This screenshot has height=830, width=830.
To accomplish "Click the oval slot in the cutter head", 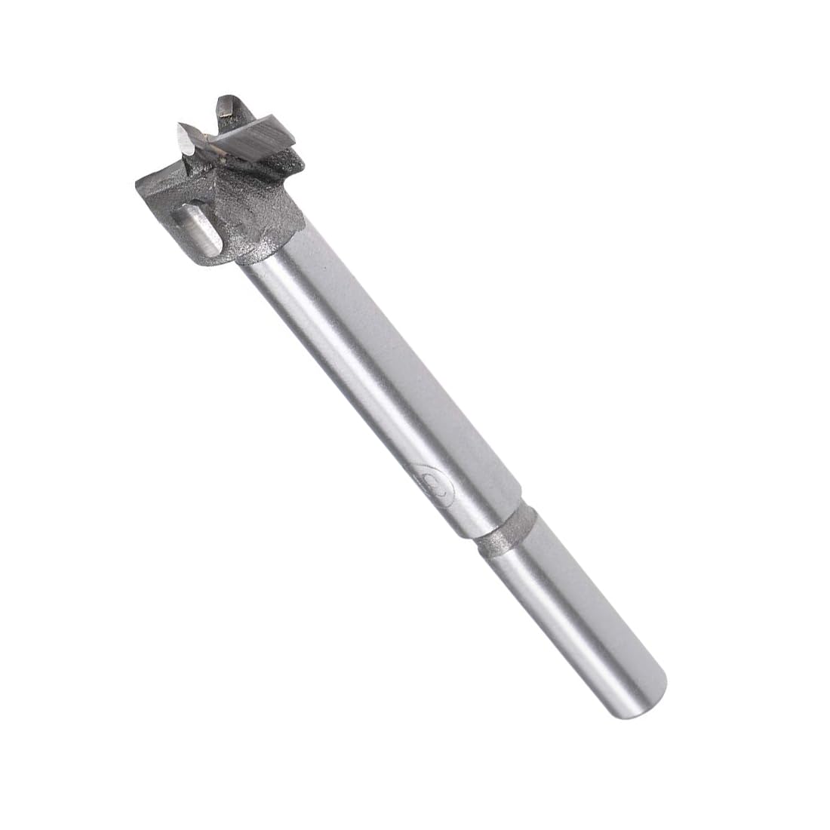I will point(198,229).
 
